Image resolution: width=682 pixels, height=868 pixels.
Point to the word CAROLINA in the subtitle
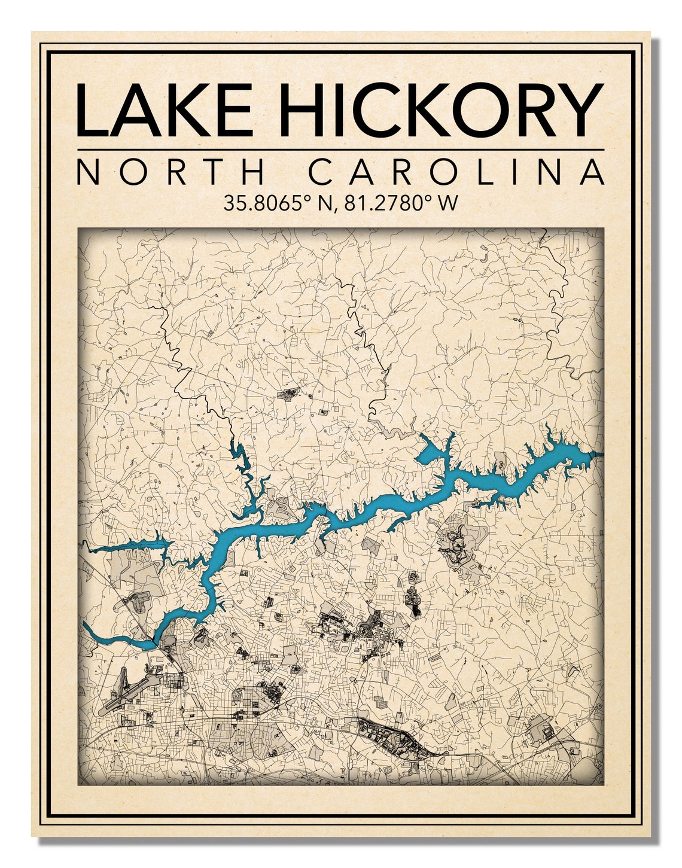point(456,172)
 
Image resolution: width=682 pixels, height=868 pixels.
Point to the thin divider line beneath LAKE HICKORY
point(340,149)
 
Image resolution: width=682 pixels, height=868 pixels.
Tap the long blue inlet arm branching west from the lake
point(129,546)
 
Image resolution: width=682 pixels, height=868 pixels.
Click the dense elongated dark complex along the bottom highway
point(392,738)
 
